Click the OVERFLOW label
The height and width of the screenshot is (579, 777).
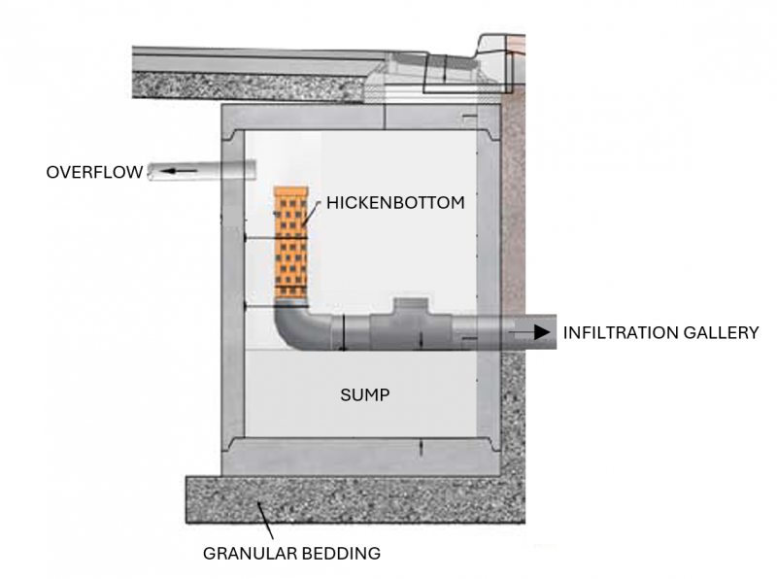point(93,173)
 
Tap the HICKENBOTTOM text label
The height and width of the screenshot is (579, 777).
point(395,204)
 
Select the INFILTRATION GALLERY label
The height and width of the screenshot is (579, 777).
point(660,332)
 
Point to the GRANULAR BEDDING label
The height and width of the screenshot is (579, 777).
point(291,555)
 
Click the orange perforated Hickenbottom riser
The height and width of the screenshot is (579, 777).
point(291,243)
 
